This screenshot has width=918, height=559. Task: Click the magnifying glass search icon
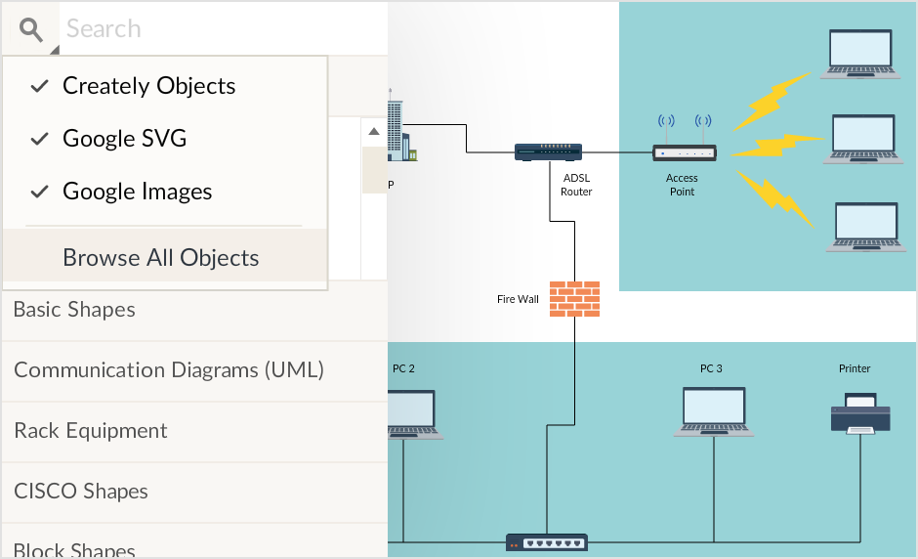pos(31,29)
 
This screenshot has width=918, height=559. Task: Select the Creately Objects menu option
pos(148,86)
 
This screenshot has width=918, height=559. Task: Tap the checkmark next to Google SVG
pos(39,139)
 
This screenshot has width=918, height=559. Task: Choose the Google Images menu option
pos(137,192)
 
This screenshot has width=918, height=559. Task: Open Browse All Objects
pos(161,258)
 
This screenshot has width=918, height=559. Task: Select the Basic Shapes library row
pos(74,310)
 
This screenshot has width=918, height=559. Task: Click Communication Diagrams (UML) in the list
pos(169,370)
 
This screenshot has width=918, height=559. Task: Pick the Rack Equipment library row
pos(91,431)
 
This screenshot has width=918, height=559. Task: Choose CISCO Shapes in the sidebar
pos(81,492)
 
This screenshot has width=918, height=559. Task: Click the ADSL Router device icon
pos(548,151)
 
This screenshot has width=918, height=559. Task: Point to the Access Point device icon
pos(684,151)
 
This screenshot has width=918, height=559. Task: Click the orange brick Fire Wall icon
pos(574,299)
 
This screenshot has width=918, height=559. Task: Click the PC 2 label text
pos(403,369)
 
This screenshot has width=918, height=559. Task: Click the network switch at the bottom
pos(547,541)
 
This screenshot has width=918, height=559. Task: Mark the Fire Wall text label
pos(518,299)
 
